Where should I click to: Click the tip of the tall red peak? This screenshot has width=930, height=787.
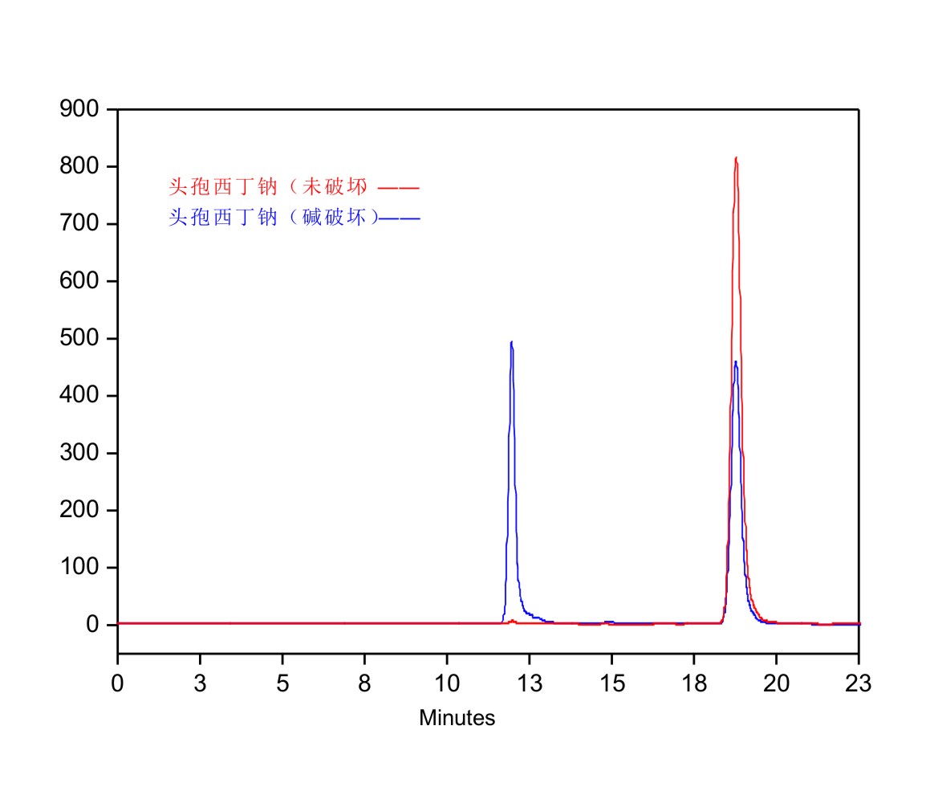tap(736, 158)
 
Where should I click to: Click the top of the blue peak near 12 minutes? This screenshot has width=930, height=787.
tap(511, 342)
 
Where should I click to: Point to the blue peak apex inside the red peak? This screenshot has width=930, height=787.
tap(735, 362)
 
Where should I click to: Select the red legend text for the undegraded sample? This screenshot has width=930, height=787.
tap(268, 188)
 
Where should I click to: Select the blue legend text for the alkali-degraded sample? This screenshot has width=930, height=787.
tap(273, 218)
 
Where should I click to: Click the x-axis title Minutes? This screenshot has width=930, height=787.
tap(457, 718)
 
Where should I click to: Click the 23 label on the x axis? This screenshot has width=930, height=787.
tap(859, 684)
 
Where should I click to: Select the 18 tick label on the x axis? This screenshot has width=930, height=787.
tap(694, 684)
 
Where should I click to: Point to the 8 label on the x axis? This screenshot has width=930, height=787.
tap(364, 684)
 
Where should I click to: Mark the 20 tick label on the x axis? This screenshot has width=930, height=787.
tap(776, 684)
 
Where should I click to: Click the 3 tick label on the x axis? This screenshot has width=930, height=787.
tap(200, 684)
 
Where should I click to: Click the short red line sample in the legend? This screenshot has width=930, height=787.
tap(399, 189)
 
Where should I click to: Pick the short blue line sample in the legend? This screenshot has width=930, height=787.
tap(400, 218)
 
